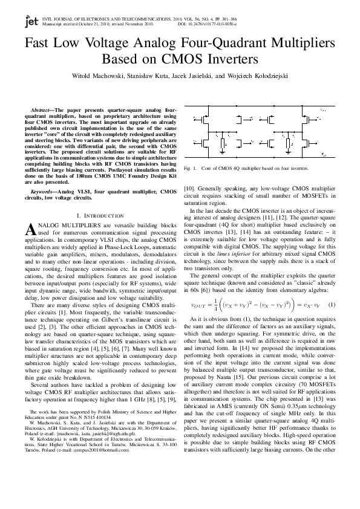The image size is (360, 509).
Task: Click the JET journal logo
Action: click(x=30, y=22)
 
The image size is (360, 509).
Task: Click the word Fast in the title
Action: click(x=39, y=44)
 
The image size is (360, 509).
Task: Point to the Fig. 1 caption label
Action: click(x=189, y=167)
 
